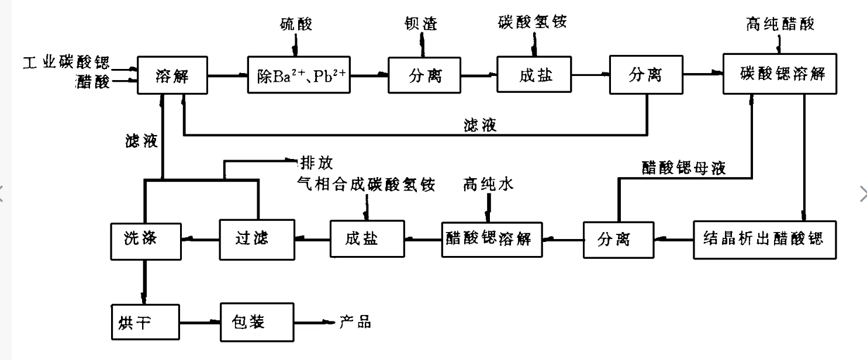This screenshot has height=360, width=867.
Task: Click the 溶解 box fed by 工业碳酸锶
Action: coord(172,74)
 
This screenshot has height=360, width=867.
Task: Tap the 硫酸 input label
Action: coord(296,24)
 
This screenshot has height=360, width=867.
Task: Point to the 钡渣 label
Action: coord(421,24)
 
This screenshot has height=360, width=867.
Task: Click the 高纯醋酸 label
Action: coord(780,24)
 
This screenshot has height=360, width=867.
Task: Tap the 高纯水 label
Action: coord(488,185)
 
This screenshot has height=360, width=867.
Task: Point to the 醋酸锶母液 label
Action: coord(683,168)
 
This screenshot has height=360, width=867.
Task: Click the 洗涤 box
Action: coord(144,239)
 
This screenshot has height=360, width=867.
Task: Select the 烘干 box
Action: coord(144,322)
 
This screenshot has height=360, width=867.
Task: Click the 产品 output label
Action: coord(355,322)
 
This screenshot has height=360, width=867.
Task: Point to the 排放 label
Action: coord(316,161)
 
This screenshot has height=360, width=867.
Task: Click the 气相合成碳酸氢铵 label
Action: coord(366,185)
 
